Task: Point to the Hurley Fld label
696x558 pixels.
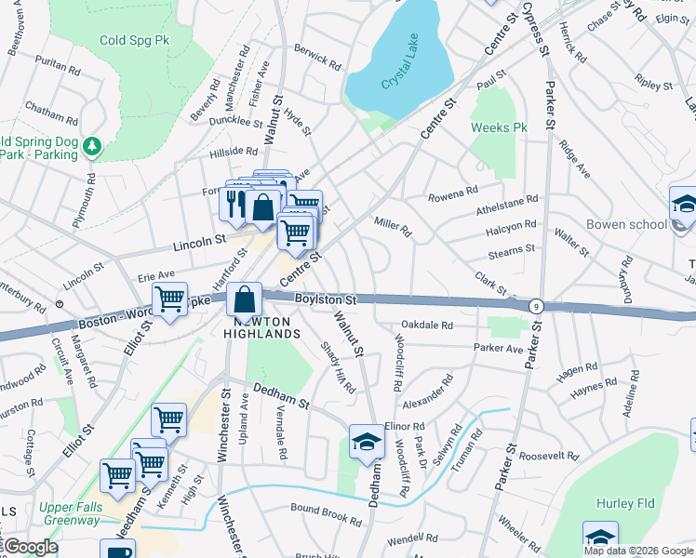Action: tap(625, 503)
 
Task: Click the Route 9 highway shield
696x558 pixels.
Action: tap(536, 305)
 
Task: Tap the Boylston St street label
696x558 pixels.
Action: tap(326, 299)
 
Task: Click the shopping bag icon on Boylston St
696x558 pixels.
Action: tap(244, 300)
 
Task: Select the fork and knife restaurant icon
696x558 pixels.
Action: tap(234, 203)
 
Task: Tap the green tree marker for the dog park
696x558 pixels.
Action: tap(91, 146)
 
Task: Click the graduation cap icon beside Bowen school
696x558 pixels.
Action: tap(684, 205)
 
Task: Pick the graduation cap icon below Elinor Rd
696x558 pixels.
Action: tap(367, 443)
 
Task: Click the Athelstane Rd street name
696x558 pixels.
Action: tap(507, 198)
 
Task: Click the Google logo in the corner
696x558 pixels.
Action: tap(30, 547)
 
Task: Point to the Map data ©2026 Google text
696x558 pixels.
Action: tap(638, 551)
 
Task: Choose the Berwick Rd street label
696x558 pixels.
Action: tap(316, 60)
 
